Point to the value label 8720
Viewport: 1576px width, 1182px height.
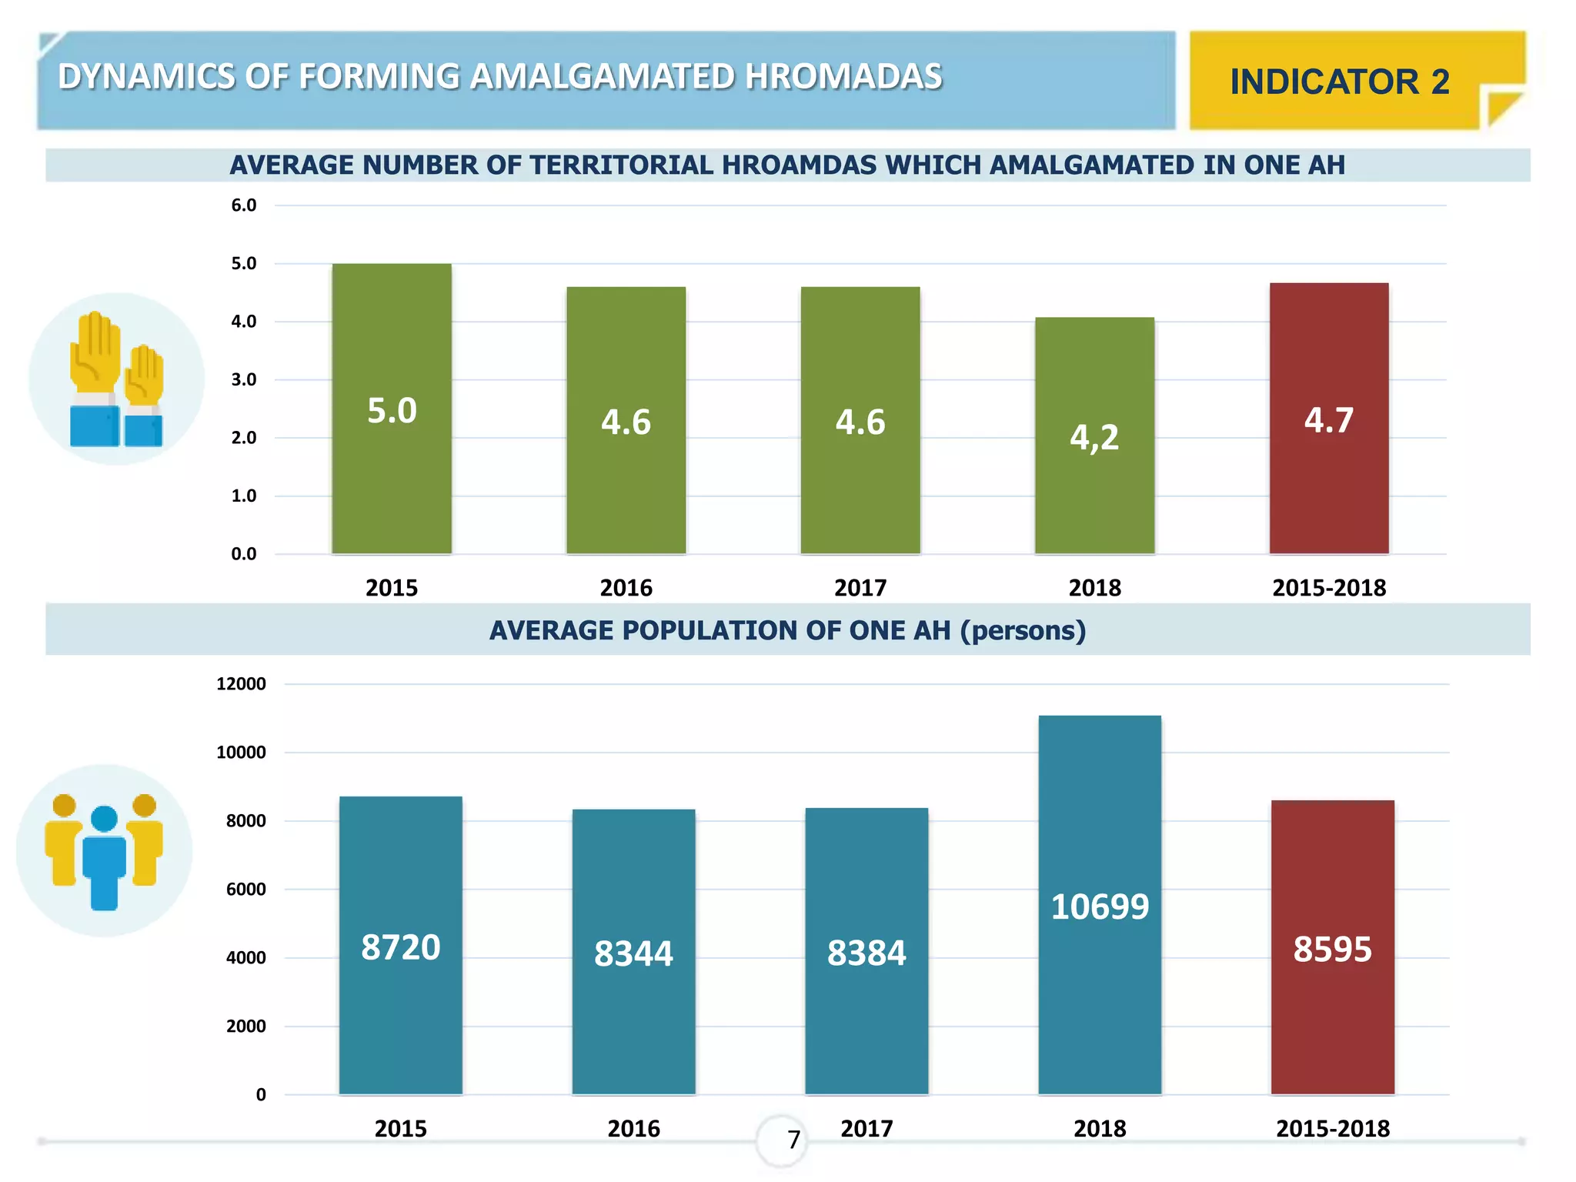(x=400, y=947)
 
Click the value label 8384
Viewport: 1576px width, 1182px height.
(x=866, y=953)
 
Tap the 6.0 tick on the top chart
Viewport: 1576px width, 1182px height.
(x=244, y=205)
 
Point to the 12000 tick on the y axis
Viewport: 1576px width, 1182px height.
(x=241, y=684)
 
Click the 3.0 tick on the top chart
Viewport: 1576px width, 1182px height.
(x=244, y=380)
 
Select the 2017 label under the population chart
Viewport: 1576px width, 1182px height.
(x=866, y=1129)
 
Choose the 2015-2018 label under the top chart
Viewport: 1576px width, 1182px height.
(x=1329, y=588)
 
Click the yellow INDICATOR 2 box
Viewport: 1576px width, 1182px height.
(x=1339, y=82)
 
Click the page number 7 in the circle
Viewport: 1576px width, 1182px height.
(x=793, y=1140)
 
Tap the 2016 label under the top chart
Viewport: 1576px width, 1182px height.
(x=626, y=588)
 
